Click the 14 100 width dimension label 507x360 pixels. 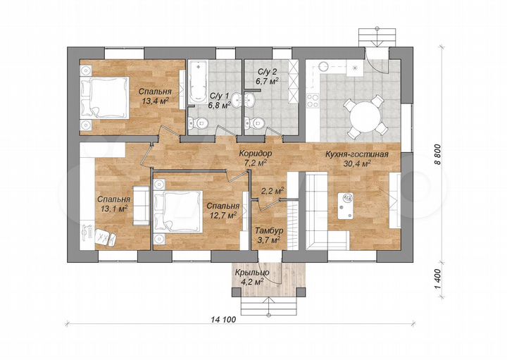(223, 320)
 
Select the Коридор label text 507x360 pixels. (255, 154)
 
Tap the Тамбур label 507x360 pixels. (269, 231)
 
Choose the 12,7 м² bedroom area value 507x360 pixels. (223, 215)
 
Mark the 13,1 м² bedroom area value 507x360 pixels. (114, 209)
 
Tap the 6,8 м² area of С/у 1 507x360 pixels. (220, 105)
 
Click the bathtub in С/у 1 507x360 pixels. (198, 82)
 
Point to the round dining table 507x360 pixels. (365, 116)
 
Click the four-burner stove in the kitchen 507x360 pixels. (313, 100)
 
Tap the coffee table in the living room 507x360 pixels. (346, 206)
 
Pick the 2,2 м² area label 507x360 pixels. (273, 191)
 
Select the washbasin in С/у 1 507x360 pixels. (238, 99)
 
